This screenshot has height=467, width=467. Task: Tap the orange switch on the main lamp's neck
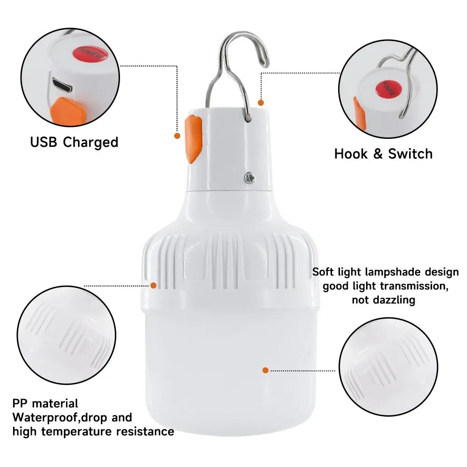[x=193, y=139]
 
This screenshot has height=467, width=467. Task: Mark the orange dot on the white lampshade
[x=265, y=370]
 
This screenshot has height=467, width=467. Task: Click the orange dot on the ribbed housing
[x=153, y=285]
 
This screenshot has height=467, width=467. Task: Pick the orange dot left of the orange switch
[x=177, y=136]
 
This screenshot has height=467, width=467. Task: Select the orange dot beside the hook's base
[x=261, y=102]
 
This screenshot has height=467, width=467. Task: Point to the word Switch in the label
[x=410, y=153]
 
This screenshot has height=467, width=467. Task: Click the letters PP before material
[x=21, y=403]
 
